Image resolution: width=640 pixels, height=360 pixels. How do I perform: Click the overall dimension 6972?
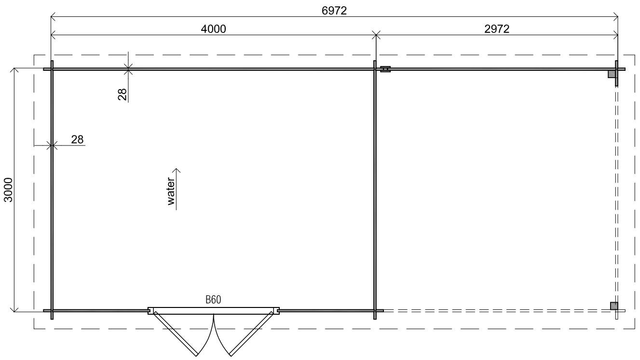tap(334, 11)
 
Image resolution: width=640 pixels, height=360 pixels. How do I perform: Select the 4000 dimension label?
tap(214, 29)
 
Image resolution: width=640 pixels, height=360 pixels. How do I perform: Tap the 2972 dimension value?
tap(497, 29)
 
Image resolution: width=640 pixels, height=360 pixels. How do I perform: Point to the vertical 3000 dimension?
tap(9, 190)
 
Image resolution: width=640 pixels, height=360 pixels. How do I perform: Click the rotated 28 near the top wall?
tap(123, 94)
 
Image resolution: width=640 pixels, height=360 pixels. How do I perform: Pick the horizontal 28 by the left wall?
tap(77, 140)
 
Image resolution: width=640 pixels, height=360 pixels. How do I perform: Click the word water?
tap(171, 191)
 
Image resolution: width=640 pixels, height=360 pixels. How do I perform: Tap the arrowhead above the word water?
tap(177, 171)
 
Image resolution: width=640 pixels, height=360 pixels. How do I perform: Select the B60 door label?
tap(213, 300)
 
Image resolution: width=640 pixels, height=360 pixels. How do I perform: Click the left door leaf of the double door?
tap(176, 334)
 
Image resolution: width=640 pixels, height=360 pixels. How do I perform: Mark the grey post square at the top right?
tap(612, 74)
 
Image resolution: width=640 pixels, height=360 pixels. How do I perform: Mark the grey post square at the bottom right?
tap(614, 306)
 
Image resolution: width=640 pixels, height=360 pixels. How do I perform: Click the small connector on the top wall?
tap(385, 69)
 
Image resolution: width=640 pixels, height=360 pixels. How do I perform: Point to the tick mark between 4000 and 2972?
tap(376, 35)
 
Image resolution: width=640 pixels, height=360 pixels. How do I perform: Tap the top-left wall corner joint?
tap(52, 69)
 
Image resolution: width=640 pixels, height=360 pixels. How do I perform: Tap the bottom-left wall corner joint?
tap(52, 311)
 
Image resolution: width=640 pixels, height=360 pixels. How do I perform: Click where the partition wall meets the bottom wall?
tap(375, 311)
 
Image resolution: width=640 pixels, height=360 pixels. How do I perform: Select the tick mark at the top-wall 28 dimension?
tap(128, 69)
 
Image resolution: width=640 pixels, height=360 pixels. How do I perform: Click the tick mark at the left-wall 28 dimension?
tap(52, 146)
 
